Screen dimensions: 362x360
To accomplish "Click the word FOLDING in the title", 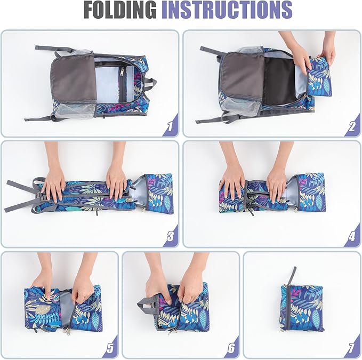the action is [x=120, y=10].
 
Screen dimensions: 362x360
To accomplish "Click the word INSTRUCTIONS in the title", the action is [x=227, y=10].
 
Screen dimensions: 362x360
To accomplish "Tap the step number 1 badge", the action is [x=171, y=126].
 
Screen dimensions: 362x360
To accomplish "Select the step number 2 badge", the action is [x=352, y=126].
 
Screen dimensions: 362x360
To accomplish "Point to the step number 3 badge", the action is [x=171, y=236].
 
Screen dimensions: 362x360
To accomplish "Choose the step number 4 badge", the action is [x=352, y=236].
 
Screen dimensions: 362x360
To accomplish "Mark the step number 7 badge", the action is [x=352, y=347].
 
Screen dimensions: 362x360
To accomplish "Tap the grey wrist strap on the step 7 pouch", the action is [x=292, y=276].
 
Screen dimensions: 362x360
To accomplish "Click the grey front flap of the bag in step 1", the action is [x=73, y=79].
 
